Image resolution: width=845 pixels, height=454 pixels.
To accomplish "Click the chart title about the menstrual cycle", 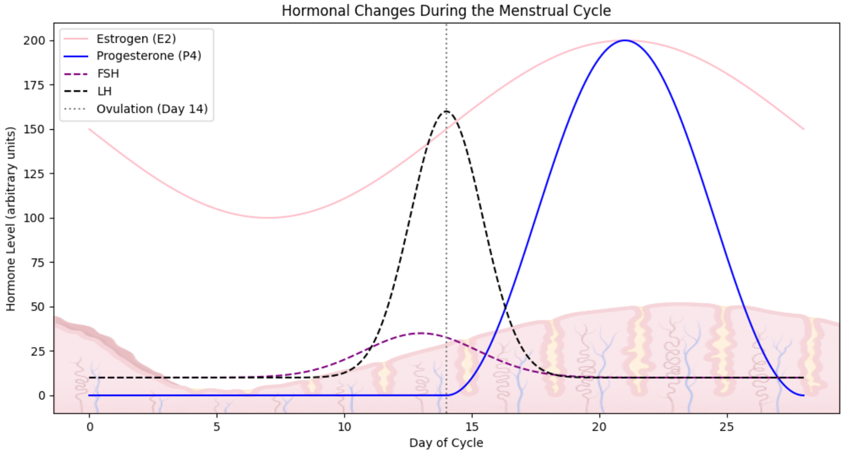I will click(446, 10).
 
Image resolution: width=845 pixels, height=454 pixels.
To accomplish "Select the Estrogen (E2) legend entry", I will click(136, 39).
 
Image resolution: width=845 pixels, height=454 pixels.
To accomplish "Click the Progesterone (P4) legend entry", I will click(148, 56).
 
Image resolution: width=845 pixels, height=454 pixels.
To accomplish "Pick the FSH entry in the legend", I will click(108, 74).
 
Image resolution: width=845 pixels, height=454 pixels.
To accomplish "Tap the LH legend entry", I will click(104, 91).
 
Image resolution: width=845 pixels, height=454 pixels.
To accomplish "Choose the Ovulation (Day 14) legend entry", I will click(152, 109).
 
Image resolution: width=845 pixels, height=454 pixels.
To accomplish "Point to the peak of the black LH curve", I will click(446, 111).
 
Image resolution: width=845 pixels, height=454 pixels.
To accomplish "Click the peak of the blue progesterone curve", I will click(625, 40).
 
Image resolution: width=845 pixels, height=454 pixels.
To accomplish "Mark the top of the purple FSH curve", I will click(421, 333).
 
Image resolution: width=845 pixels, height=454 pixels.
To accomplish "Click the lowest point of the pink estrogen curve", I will click(268, 218).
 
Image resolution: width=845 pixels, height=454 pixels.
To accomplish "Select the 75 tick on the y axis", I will click(37, 262).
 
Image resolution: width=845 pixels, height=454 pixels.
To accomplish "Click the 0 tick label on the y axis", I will click(42, 395).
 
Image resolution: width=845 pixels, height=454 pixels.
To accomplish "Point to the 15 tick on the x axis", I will click(472, 427).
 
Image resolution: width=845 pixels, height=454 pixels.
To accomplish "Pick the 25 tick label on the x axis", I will click(727, 427).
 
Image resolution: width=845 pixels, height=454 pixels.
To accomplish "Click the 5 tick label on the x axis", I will click(216, 427).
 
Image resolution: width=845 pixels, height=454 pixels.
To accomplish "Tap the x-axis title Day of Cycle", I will click(446, 443).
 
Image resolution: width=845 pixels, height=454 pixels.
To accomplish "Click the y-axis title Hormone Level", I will click(10, 219).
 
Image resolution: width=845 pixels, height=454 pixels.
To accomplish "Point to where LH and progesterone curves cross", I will click(505, 307).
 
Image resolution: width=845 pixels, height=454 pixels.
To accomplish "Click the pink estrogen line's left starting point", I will click(89, 129).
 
